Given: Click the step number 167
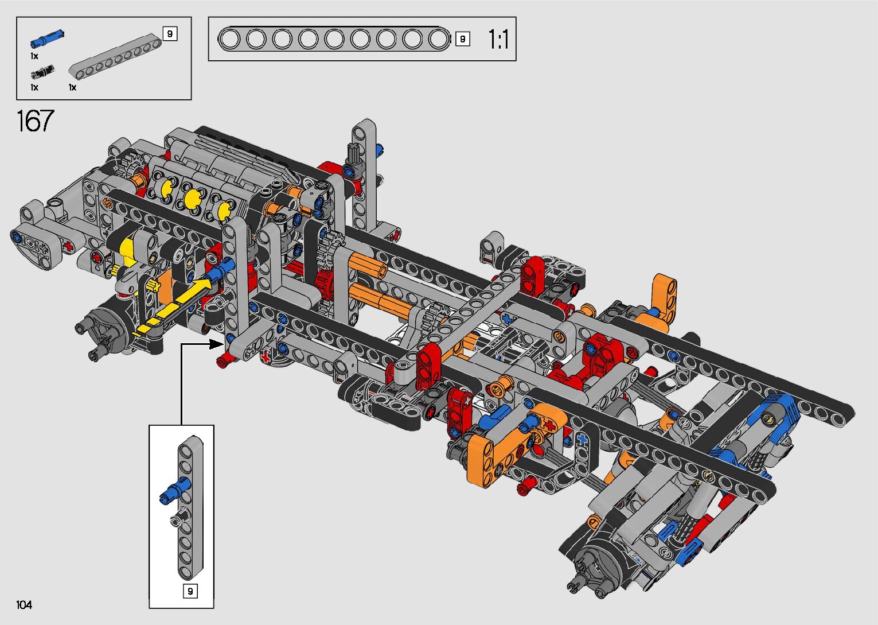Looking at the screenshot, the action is point(36,121).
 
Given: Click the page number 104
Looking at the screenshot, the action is point(24,605).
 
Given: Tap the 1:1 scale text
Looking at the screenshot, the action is point(498,39).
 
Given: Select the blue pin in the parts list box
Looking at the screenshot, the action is point(47,38).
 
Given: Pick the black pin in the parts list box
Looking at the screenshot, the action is point(42,72).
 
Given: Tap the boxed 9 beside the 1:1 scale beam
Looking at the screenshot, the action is point(463,39).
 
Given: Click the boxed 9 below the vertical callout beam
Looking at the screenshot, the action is point(190,591).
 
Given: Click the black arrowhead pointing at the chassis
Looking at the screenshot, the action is point(216,344).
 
